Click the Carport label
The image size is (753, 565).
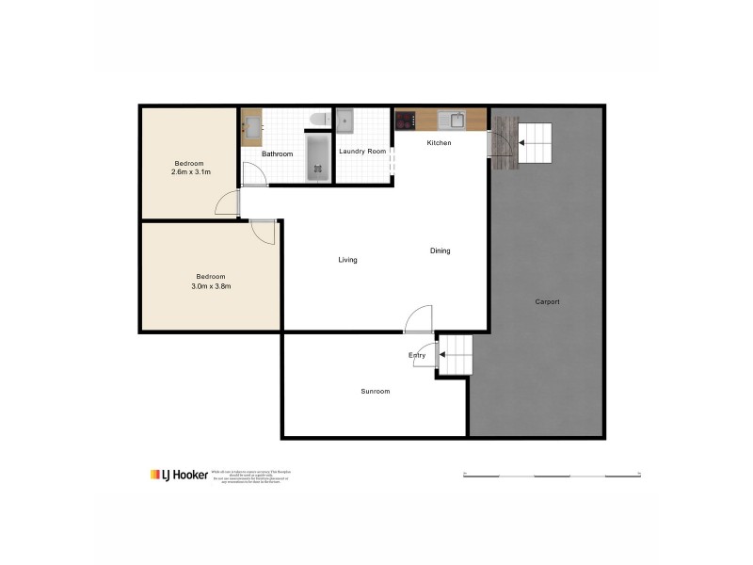pyautogui.click(x=547, y=301)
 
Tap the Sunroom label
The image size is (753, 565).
pyautogui.click(x=375, y=391)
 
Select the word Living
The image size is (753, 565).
pyautogui.click(x=348, y=260)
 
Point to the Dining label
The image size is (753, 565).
pyautogui.click(x=440, y=250)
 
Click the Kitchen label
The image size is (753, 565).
pyautogui.click(x=440, y=143)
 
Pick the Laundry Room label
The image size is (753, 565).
pyautogui.click(x=362, y=151)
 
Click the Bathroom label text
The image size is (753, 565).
pyautogui.click(x=277, y=153)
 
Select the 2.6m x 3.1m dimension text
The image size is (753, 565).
pyautogui.click(x=190, y=172)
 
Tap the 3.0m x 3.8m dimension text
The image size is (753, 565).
pyautogui.click(x=211, y=286)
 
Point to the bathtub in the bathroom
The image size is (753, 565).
pyautogui.click(x=318, y=158)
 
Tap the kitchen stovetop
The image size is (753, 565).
pyautogui.click(x=406, y=120)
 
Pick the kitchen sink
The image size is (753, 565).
pyautogui.click(x=457, y=120)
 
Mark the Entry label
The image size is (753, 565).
pyautogui.click(x=417, y=355)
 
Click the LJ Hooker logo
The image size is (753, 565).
pyautogui.click(x=179, y=475)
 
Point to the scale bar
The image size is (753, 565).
pyautogui.click(x=552, y=475)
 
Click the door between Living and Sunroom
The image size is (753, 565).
pyautogui.click(x=419, y=320)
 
